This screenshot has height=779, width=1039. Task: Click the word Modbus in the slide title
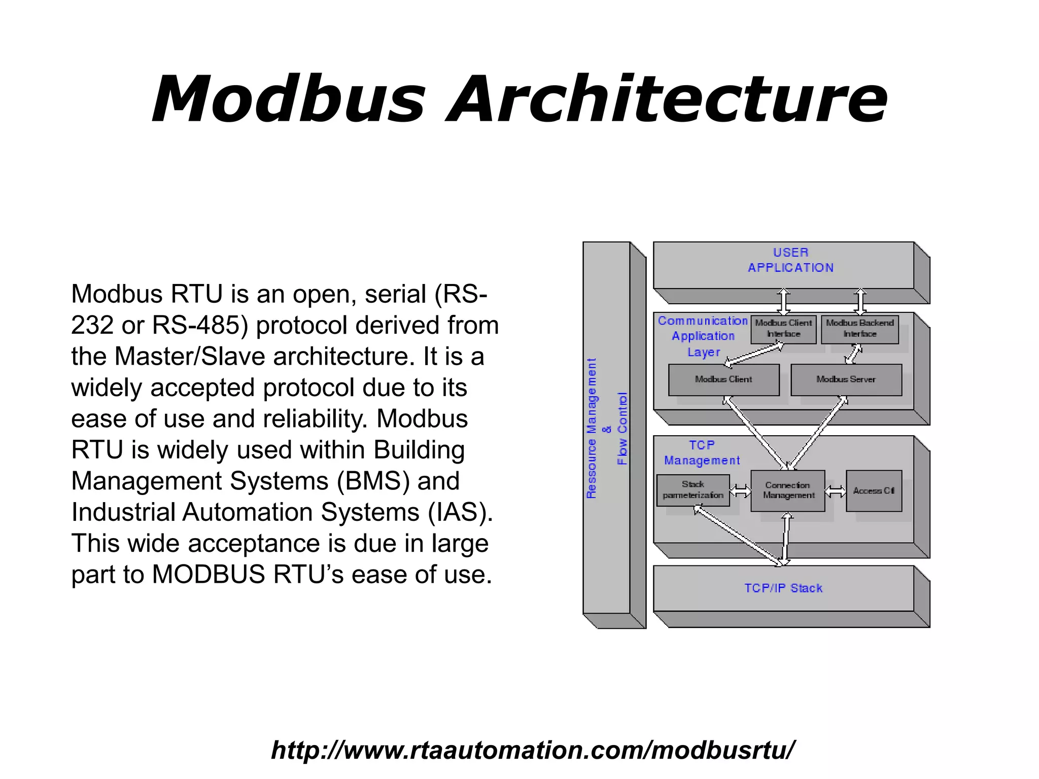click(x=288, y=99)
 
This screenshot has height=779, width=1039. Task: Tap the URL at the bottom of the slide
click(x=533, y=750)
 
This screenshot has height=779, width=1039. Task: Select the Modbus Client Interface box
click(x=783, y=329)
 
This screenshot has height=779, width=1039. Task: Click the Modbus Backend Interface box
click(x=859, y=329)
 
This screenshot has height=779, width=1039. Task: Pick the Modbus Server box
click(x=846, y=379)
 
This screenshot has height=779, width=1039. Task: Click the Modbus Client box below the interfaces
click(x=723, y=379)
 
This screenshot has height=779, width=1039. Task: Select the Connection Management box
click(x=788, y=490)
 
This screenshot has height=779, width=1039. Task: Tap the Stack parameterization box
click(x=693, y=490)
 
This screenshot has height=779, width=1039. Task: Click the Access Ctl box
click(x=873, y=490)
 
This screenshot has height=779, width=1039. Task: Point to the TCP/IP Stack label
click(x=783, y=588)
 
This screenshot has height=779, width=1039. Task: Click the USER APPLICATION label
click(x=790, y=260)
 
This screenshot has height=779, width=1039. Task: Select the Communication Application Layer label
click(x=703, y=336)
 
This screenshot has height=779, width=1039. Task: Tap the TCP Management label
click(x=702, y=453)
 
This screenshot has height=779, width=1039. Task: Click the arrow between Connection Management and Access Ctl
click(x=836, y=491)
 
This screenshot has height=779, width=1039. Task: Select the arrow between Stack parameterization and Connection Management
click(x=740, y=491)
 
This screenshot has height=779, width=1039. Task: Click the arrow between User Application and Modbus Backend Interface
click(x=860, y=302)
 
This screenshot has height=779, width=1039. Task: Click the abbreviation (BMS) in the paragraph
click(x=373, y=481)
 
